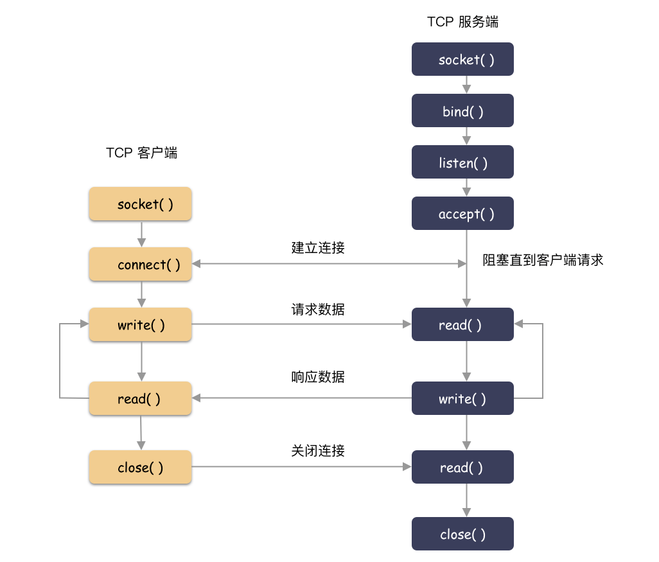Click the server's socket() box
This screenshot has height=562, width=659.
[462, 60]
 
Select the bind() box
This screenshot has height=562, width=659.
[462, 111]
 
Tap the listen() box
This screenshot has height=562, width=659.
[462, 162]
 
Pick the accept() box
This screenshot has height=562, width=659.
[462, 214]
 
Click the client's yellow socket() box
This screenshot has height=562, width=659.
[141, 204]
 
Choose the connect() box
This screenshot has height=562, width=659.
[141, 265]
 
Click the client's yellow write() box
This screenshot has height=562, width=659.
[141, 325]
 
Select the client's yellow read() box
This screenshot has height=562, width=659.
[141, 398]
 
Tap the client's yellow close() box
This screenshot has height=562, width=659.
[141, 467]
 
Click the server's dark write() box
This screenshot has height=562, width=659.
[462, 398]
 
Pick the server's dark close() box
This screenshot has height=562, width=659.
[462, 534]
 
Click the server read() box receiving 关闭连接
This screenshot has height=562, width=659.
[462, 467]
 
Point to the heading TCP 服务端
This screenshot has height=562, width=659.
[462, 22]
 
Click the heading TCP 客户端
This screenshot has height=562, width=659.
[141, 153]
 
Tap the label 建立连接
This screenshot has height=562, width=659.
[318, 248]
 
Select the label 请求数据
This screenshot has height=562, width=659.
[318, 309]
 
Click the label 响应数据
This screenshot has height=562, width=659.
[318, 377]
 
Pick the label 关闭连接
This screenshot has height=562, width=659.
[318, 451]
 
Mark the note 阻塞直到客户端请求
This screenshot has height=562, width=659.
[543, 260]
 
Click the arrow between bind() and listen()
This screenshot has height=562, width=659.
[467, 136]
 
